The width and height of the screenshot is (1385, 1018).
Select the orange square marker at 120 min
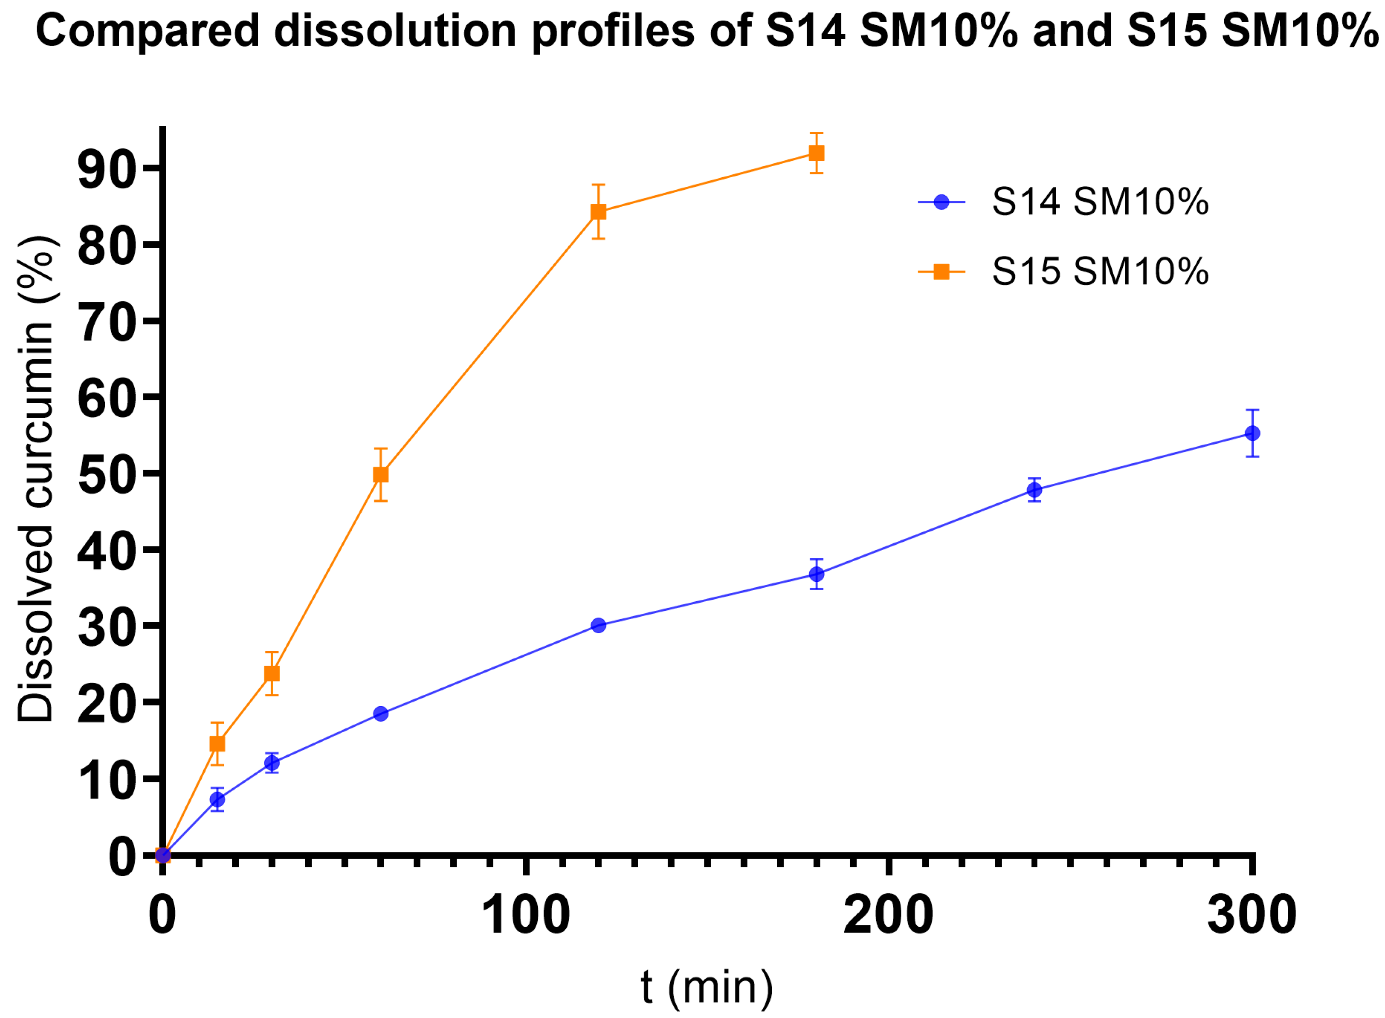pos(598,212)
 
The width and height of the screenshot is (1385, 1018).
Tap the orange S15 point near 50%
pos(380,475)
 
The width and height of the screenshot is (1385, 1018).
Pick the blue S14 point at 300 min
pos(1252,433)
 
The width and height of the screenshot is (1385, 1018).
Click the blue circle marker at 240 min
pos(1035,490)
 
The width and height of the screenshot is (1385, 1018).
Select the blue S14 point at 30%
pos(598,625)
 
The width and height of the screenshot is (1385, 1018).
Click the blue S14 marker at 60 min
pos(380,714)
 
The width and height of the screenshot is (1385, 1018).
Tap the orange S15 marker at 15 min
pos(217,744)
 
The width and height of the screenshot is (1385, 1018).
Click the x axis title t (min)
pos(706,986)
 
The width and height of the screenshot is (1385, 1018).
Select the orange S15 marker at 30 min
pos(272,674)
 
